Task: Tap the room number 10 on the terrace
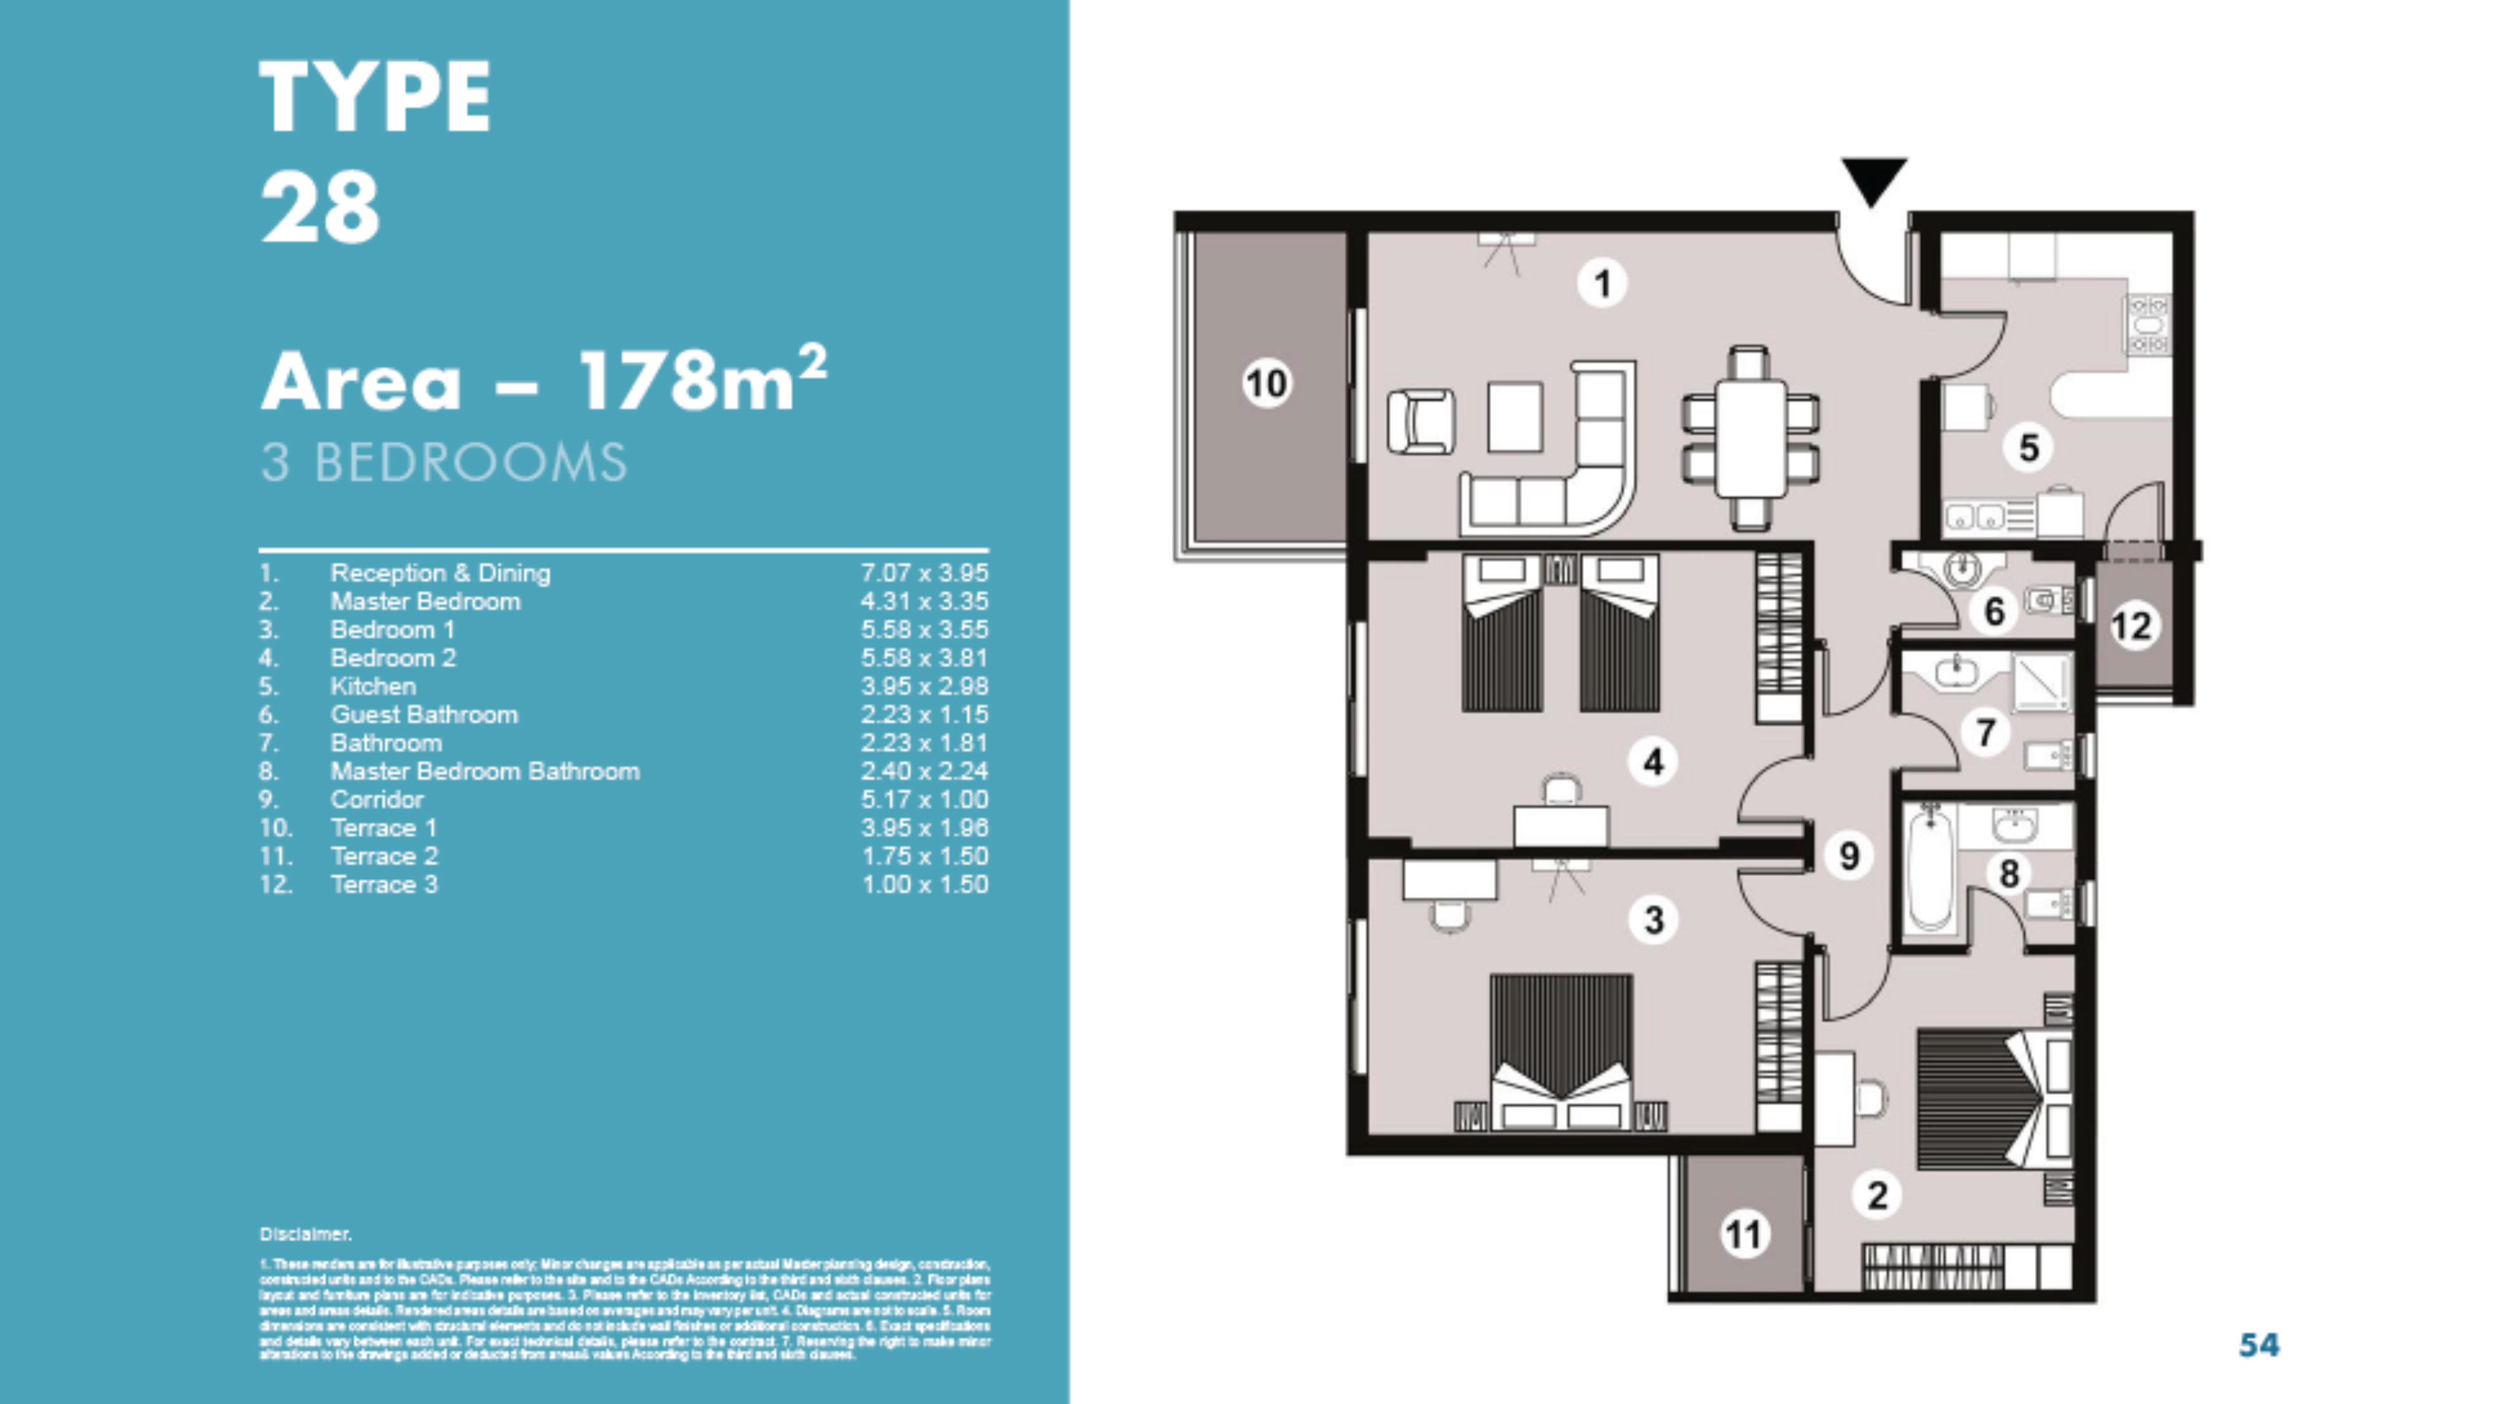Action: (x=1267, y=383)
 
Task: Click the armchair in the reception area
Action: (x=1420, y=421)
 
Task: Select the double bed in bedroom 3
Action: (x=1561, y=1051)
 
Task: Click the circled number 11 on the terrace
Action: (x=1743, y=1234)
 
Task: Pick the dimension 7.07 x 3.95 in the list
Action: (x=924, y=573)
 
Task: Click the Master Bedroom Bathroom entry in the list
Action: (x=484, y=772)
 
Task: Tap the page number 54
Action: (x=2259, y=1344)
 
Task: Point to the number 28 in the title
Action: (x=321, y=207)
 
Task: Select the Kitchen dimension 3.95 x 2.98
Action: (x=924, y=686)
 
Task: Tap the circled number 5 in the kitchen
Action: (x=2028, y=448)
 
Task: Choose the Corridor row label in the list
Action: (x=377, y=800)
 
